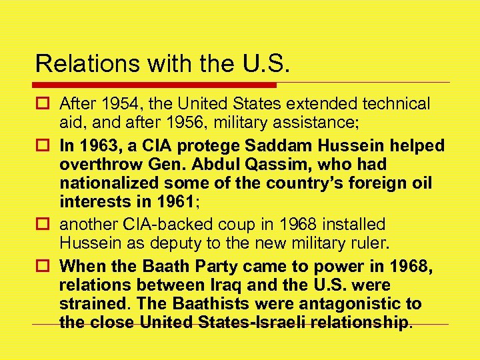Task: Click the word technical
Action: tap(395, 104)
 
